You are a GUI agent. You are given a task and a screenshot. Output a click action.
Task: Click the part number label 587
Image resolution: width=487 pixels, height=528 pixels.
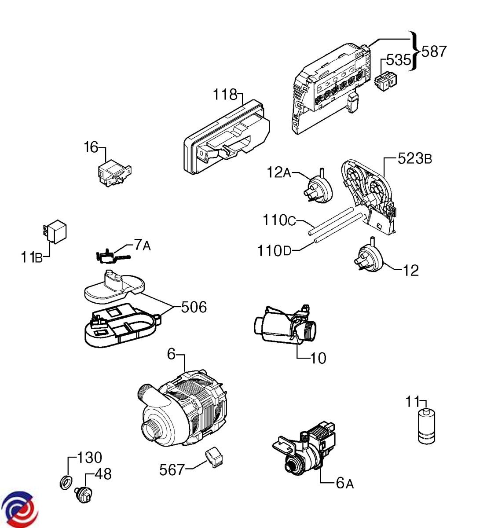click(434, 51)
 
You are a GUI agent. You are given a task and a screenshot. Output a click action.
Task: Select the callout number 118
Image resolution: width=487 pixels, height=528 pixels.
click(225, 95)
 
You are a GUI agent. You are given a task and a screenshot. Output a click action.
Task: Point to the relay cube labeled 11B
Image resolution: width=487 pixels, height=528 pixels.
click(56, 232)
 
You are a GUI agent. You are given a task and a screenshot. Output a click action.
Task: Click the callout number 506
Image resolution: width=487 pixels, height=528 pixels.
click(194, 307)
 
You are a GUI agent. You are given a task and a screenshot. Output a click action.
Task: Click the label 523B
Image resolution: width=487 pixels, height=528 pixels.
click(414, 158)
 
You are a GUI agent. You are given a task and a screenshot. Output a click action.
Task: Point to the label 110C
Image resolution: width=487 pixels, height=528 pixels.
click(280, 220)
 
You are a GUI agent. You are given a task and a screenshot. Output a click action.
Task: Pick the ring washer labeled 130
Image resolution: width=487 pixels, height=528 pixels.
click(66, 482)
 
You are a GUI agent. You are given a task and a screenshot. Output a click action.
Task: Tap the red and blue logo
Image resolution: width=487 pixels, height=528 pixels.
click(20, 508)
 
